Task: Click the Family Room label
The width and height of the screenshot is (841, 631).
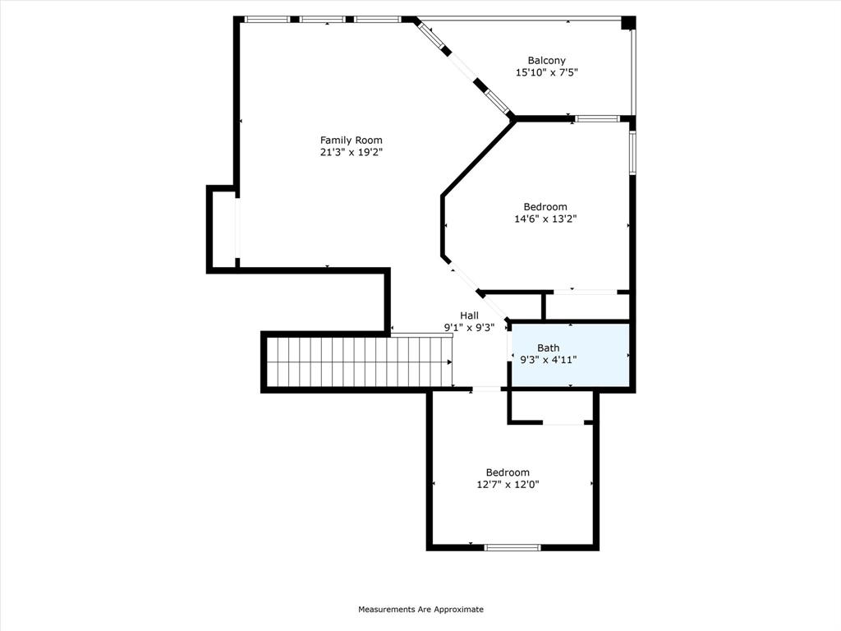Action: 351,140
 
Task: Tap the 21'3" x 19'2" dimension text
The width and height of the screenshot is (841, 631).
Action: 351,153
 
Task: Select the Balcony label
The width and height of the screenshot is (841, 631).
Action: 546,60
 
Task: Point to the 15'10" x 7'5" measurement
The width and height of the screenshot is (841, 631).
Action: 546,72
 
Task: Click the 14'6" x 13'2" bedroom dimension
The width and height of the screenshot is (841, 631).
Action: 545,219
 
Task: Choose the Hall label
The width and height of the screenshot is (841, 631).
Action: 469,315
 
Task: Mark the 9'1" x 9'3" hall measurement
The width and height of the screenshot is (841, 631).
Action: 469,327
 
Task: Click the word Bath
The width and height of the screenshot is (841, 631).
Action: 548,348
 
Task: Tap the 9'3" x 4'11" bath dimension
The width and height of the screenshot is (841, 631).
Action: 548,360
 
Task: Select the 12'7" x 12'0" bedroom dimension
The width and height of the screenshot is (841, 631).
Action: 508,485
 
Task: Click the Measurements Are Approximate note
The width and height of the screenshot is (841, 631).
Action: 420,610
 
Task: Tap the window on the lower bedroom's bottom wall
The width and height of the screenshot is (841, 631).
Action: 512,547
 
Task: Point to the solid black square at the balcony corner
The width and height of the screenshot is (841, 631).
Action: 628,23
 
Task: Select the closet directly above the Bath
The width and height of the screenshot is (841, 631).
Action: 586,306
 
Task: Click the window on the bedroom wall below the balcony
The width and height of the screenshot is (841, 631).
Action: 597,119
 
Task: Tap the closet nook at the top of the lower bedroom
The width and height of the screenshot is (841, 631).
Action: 550,407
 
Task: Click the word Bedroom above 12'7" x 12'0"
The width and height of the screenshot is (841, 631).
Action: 508,472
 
